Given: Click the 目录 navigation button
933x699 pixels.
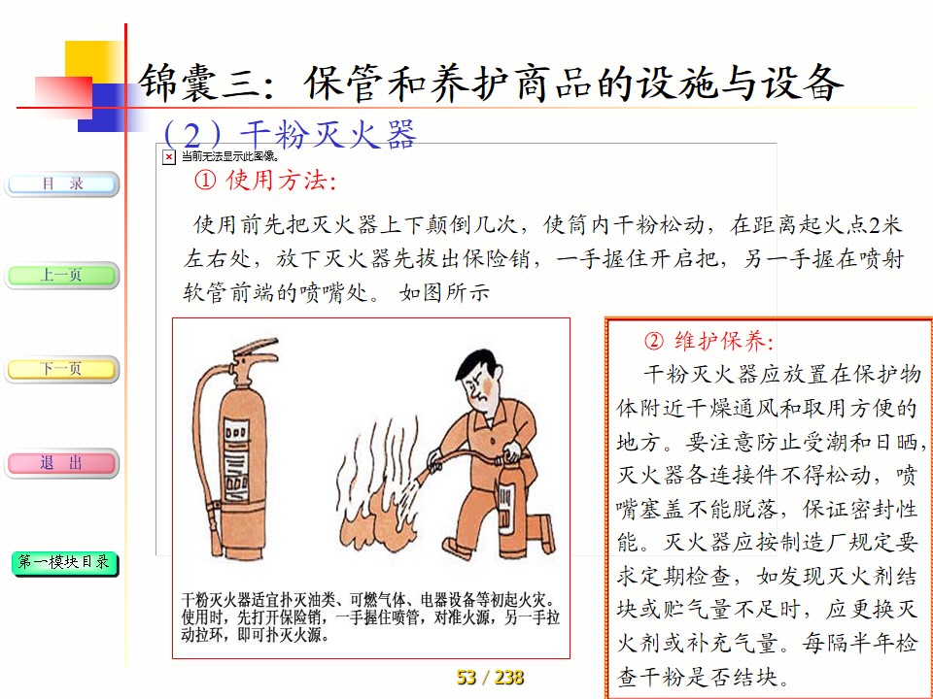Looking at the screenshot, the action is (x=62, y=184).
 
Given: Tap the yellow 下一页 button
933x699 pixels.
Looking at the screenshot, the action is (x=62, y=369).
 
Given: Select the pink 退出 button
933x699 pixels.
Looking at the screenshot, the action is (x=62, y=463).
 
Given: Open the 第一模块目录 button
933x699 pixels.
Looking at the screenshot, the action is (x=64, y=563).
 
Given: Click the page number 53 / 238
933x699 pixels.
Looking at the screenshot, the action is (x=490, y=677).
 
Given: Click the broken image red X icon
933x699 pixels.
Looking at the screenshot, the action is (x=169, y=157).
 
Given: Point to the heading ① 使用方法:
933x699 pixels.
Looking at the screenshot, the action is (x=265, y=181).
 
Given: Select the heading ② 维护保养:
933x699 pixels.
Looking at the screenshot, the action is (x=708, y=341).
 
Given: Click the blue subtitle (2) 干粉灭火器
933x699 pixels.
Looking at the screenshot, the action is (x=289, y=134).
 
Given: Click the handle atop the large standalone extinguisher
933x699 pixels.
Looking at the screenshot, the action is (x=256, y=350).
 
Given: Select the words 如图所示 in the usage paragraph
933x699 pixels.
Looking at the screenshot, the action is (x=444, y=292).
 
